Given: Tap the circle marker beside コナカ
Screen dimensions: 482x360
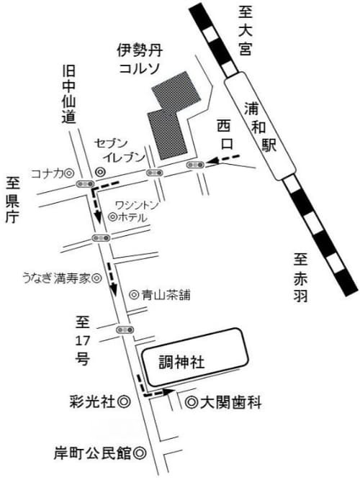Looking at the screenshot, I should (x=70, y=173).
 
